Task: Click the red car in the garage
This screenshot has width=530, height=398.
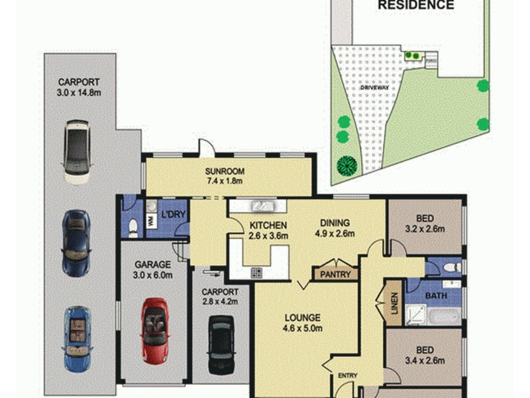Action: pyautogui.click(x=154, y=330)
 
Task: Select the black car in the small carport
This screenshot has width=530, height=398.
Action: pyautogui.click(x=220, y=344)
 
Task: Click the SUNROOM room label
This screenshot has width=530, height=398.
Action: pyautogui.click(x=223, y=170)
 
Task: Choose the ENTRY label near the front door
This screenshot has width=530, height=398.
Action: pyautogui.click(x=348, y=376)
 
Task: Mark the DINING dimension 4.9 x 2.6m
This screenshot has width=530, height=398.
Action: pyautogui.click(x=335, y=233)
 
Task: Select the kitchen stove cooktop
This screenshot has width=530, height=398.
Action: pyautogui.click(x=256, y=272)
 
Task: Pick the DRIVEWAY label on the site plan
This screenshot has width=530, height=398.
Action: pyautogui.click(x=374, y=88)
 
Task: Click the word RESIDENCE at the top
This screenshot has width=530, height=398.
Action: pyautogui.click(x=416, y=5)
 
